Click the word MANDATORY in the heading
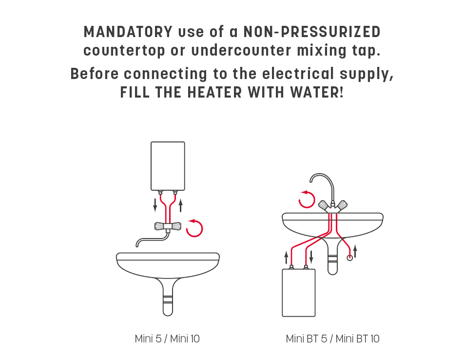tap(128, 32)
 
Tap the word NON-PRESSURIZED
tap(312, 32)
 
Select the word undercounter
tap(241, 50)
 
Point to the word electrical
tap(298, 74)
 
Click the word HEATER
tap(214, 92)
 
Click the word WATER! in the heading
tap(317, 92)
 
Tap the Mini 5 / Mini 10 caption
tap(167, 339)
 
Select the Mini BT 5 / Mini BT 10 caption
tap(332, 339)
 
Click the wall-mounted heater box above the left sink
tap(168, 166)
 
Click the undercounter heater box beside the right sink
tap(299, 293)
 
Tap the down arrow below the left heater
tap(155, 205)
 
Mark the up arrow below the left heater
tap(180, 205)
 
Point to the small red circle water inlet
tap(350, 258)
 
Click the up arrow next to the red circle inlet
tap(355, 251)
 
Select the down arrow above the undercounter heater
tap(311, 257)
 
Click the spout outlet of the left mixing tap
tap(137, 245)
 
